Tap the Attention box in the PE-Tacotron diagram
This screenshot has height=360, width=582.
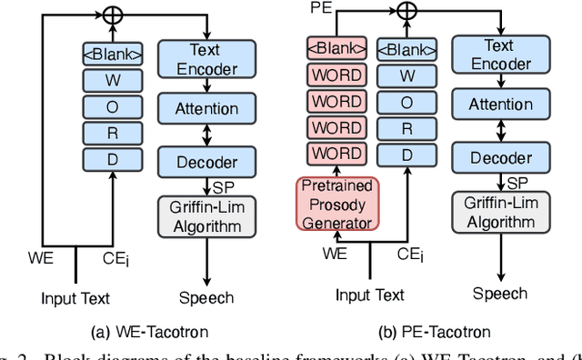(500, 105)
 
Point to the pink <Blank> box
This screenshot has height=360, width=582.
(336, 49)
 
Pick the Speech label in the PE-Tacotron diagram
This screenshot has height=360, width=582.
(499, 293)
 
